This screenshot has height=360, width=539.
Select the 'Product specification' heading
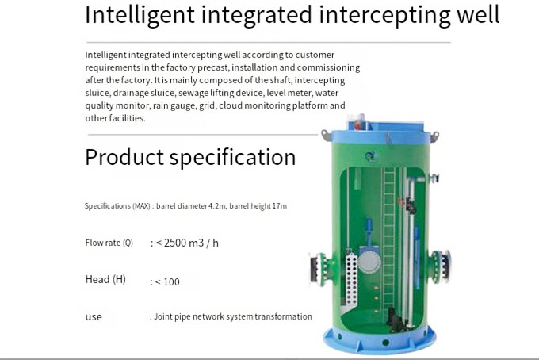tap(190, 157)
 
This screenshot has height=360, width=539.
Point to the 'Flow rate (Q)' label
tap(109, 243)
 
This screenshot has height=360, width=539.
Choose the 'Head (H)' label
tap(105, 280)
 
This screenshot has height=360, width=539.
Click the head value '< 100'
tap(166, 281)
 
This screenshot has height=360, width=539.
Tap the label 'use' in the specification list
tap(94, 317)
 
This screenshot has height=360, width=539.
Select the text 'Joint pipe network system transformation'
tap(232, 317)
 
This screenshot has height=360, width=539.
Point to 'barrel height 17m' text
tap(259, 206)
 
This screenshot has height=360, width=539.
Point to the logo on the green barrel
tap(369, 157)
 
